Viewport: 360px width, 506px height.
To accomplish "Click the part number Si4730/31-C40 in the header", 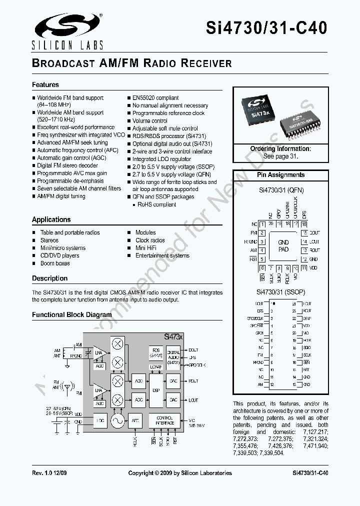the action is coord(266,28).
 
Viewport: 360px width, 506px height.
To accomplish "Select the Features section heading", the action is coord(45,85).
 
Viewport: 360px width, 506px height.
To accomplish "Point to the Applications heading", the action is coord(51,219).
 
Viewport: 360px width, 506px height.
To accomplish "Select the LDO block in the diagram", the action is coord(100,421).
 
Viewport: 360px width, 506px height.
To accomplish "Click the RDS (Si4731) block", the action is coord(156,352).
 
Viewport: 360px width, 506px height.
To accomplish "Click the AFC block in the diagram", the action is coord(135,421).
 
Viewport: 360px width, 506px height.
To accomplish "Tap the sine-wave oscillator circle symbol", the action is coord(118,421).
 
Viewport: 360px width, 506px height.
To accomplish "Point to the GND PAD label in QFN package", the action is coord(283,246).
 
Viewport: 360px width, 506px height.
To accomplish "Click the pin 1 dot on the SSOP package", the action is coord(273,303).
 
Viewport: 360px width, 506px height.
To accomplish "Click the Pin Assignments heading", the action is coord(280,175).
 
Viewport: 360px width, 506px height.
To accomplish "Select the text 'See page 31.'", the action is coord(280,156).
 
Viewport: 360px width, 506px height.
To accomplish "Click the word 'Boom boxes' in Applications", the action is coord(55,263).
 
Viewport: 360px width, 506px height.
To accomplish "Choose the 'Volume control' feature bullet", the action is coord(150,120).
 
